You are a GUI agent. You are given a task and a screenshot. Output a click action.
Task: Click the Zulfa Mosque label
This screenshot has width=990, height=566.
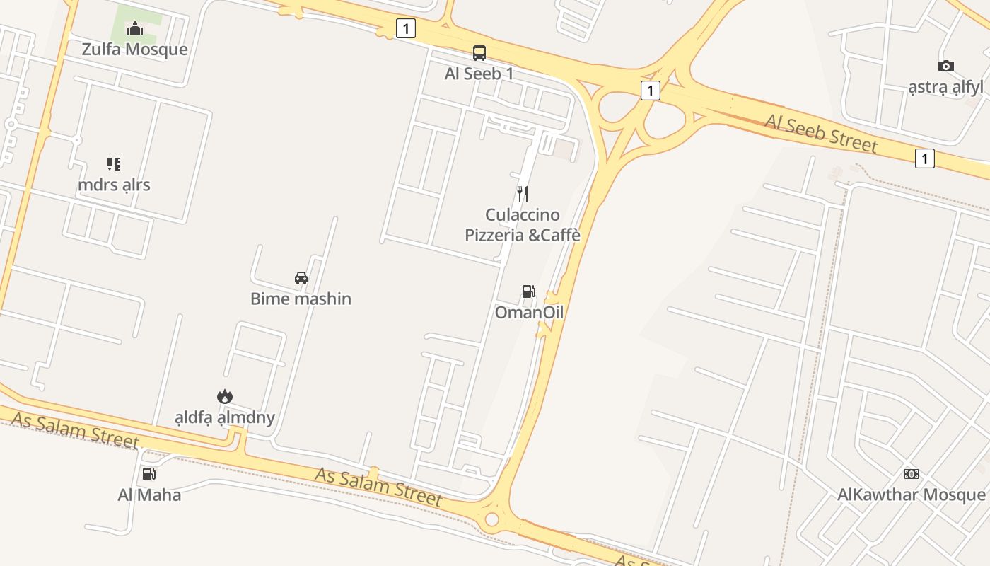(x=134, y=50)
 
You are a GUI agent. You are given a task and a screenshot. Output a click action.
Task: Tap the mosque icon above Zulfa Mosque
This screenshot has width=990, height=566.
(x=135, y=29)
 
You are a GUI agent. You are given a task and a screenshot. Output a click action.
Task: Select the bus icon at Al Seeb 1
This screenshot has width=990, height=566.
(x=479, y=53)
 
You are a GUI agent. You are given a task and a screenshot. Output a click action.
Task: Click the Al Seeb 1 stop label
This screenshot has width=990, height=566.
(x=479, y=74)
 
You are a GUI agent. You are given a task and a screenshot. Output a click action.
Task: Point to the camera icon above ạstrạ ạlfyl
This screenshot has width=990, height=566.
(x=945, y=67)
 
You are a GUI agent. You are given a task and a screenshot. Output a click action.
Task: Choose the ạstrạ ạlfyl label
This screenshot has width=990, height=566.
(x=945, y=87)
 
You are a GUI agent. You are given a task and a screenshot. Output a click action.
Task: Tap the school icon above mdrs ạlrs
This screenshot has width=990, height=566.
(x=114, y=164)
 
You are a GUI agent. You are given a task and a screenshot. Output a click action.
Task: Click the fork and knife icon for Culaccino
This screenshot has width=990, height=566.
(x=523, y=193)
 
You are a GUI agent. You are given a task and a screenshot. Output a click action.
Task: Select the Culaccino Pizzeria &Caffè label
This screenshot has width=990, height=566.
(x=522, y=224)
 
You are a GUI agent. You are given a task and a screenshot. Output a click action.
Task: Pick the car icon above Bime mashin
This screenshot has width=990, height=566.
(x=301, y=278)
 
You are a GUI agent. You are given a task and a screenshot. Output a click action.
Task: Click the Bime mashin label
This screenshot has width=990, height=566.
(x=301, y=299)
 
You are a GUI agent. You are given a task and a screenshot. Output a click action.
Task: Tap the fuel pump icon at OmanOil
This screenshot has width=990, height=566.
(x=528, y=291)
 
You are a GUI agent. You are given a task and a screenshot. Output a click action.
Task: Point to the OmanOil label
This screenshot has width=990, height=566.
(x=529, y=312)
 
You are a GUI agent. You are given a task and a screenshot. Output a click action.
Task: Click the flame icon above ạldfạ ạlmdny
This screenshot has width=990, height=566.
(x=225, y=397)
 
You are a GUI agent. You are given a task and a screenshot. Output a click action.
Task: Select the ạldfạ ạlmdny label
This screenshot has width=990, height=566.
(x=224, y=417)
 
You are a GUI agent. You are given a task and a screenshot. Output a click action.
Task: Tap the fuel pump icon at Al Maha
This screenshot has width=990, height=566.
(x=148, y=474)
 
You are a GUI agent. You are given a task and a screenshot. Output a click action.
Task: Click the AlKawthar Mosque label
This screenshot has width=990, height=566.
(x=911, y=495)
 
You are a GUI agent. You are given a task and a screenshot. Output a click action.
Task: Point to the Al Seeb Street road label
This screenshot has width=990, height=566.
(x=821, y=133)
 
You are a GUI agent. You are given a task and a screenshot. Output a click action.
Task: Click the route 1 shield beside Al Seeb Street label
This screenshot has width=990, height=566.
(x=924, y=158)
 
